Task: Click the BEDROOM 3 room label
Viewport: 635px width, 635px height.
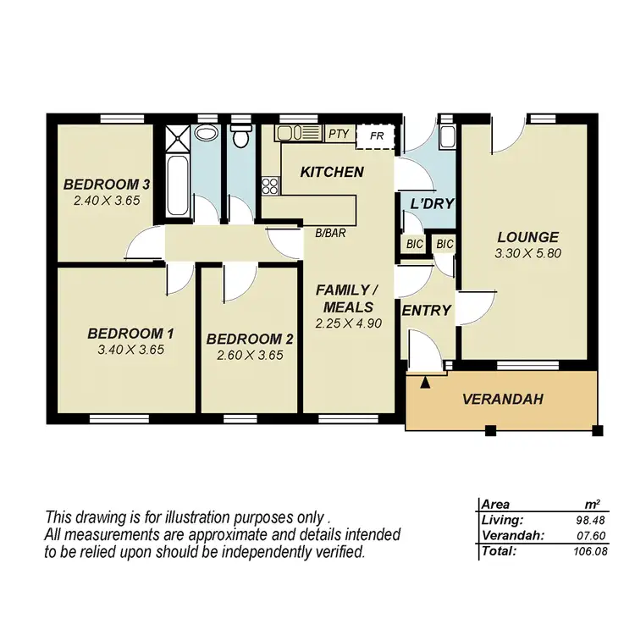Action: tap(107, 185)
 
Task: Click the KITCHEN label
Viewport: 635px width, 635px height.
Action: tap(332, 172)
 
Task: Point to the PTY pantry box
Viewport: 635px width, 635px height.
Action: tap(339, 134)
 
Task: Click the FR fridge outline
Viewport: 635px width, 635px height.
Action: tap(376, 135)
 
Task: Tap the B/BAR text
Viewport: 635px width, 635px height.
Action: tap(329, 232)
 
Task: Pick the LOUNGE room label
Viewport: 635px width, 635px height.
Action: tap(527, 237)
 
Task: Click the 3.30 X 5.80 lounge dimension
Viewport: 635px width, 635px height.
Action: tap(527, 252)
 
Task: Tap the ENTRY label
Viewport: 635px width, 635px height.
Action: tap(427, 311)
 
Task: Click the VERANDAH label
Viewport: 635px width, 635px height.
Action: tap(502, 400)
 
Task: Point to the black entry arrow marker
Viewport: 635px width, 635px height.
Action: tap(425, 384)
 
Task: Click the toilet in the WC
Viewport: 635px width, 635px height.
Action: tap(241, 136)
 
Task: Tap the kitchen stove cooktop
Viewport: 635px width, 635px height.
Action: tap(271, 185)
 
